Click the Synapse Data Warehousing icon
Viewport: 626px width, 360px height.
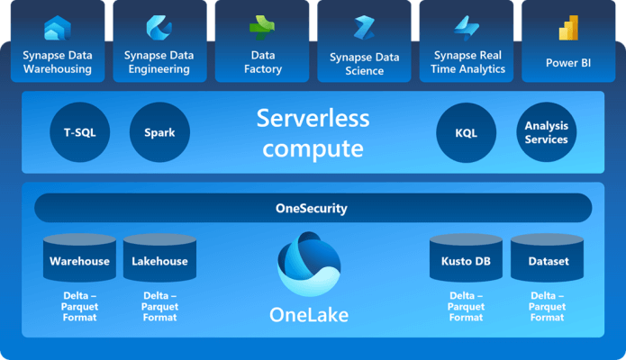click(57, 28)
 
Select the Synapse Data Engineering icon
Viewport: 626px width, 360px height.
click(159, 28)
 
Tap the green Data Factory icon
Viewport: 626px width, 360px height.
click(262, 28)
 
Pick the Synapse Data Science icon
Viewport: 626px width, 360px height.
click(364, 28)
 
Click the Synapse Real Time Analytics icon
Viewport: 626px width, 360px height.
click(467, 28)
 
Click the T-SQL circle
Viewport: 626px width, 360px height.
click(79, 132)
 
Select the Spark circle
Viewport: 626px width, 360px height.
click(159, 132)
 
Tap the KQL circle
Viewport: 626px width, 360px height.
click(466, 132)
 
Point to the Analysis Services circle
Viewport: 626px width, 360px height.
click(546, 132)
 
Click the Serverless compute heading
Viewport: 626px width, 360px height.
click(313, 132)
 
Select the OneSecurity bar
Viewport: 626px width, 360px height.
click(313, 208)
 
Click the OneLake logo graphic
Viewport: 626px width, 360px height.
click(309, 264)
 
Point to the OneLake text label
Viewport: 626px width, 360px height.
click(309, 315)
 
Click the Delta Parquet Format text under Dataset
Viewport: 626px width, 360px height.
click(547, 306)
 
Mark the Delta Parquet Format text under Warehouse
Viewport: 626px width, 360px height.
click(79, 306)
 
